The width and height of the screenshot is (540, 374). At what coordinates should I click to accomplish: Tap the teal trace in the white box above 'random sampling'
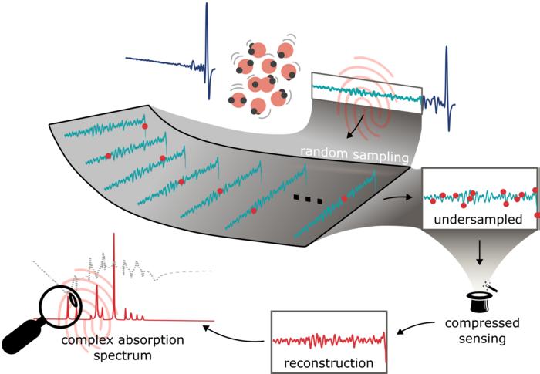tap(366, 91)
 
